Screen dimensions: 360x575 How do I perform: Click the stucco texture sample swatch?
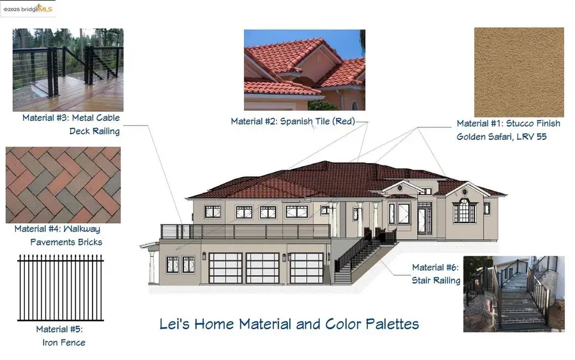click(x=519, y=72)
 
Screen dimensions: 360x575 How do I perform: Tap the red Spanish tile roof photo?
click(x=304, y=70)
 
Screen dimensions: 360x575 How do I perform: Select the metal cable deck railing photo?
click(x=68, y=70)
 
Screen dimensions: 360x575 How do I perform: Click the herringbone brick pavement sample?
click(x=63, y=185)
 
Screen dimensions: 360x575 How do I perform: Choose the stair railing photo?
click(x=514, y=293)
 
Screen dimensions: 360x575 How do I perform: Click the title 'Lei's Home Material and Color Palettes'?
click(x=289, y=324)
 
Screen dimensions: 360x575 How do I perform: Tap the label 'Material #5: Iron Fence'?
click(x=60, y=336)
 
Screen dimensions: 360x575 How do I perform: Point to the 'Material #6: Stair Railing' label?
click(x=436, y=274)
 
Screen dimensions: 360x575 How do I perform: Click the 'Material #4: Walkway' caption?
click(x=57, y=229)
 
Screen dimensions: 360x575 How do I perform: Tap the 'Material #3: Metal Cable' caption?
click(x=71, y=118)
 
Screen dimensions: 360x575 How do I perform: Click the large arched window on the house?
click(x=464, y=210)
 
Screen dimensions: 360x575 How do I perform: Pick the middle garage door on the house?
click(x=263, y=268)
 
